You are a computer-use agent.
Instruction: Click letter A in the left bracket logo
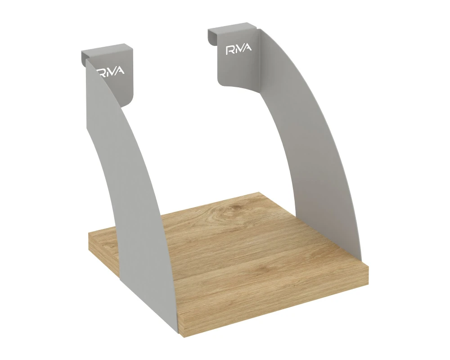tap(120, 71)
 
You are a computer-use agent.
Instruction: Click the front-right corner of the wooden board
tap(368, 267)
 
